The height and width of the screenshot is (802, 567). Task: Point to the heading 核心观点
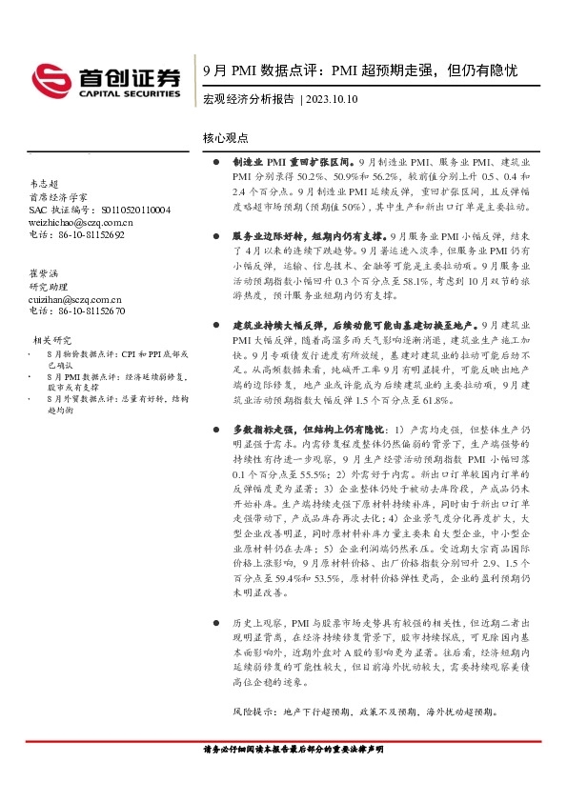pyautogui.click(x=225, y=138)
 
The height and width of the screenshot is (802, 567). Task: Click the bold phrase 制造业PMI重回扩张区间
pyautogui.click(x=292, y=163)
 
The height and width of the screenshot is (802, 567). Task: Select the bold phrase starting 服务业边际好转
pyautogui.click(x=310, y=233)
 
